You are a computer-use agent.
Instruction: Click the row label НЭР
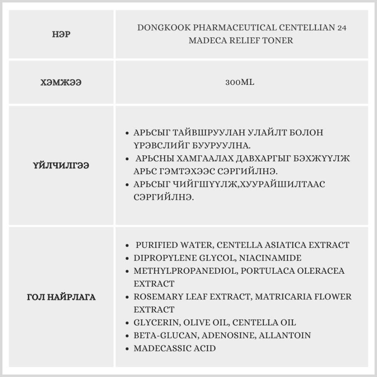[61, 35]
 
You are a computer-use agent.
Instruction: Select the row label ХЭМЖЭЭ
[61, 82]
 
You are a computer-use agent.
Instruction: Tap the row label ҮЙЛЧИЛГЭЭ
[61, 166]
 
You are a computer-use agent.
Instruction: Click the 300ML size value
[240, 82]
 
